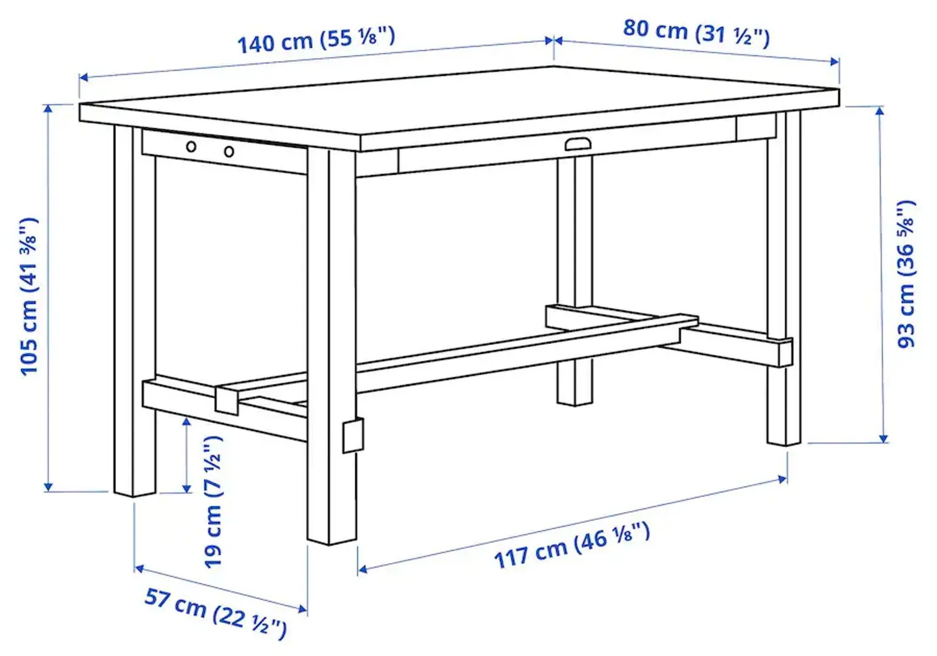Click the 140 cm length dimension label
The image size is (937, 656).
click(x=316, y=40)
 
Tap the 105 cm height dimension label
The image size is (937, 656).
click(x=29, y=296)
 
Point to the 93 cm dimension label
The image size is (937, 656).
click(x=906, y=273)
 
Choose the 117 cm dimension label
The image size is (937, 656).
click(x=571, y=546)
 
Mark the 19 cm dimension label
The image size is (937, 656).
click(x=214, y=502)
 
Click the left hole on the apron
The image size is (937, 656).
click(x=191, y=146)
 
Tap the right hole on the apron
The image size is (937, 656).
click(x=228, y=151)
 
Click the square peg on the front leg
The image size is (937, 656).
click(x=353, y=436)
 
